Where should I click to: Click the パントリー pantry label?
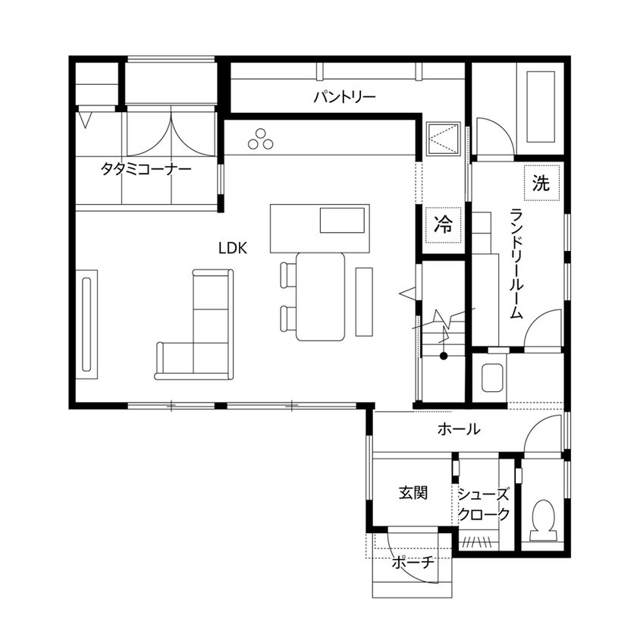coord(345,97)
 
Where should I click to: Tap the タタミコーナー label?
coord(146,168)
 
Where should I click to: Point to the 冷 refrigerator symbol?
coord(443,224)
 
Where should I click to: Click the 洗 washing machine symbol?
coord(540,182)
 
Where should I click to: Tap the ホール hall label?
coord(459,430)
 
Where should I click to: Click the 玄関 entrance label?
coord(413,493)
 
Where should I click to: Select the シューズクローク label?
coord(484,503)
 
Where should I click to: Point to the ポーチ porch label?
coord(413,563)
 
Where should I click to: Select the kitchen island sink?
coord(342,220)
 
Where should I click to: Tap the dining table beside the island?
coord(321,297)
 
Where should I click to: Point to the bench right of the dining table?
coord(364,301)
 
